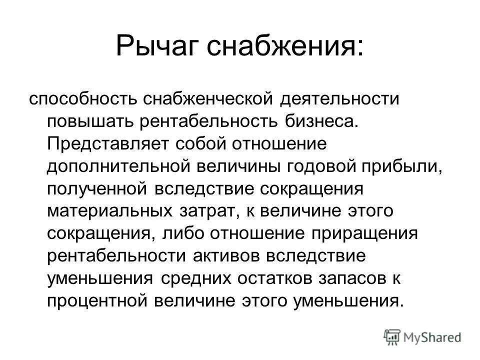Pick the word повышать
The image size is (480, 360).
click(89, 121)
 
